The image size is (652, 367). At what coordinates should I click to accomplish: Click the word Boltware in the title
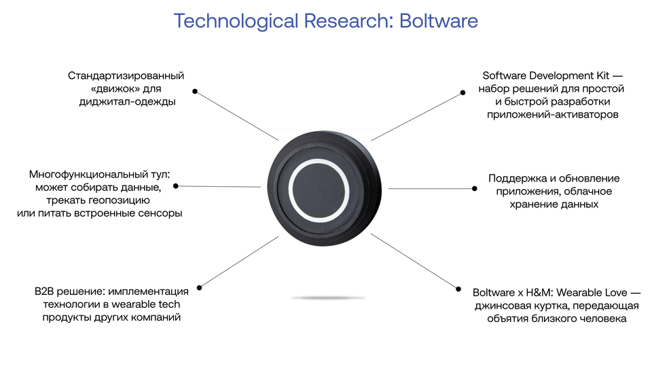(x=439, y=21)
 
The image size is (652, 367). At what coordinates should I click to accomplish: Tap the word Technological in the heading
(x=236, y=21)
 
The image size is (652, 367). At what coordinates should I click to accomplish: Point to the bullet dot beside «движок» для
(x=195, y=91)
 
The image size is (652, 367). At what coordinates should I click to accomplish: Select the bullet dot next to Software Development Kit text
(x=463, y=93)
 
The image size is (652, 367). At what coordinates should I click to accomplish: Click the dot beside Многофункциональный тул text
(x=175, y=186)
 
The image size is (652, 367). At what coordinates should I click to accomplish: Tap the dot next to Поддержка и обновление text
(x=475, y=188)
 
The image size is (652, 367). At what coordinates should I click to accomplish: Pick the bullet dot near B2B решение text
(x=199, y=287)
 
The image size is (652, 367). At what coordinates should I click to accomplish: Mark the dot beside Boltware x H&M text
(x=458, y=289)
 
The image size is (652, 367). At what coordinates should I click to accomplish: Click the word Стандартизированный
(x=126, y=75)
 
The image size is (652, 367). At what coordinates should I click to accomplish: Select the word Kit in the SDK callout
(x=602, y=75)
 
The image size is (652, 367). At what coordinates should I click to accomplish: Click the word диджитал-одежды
(x=128, y=102)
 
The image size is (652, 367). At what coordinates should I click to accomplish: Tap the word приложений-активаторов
(x=553, y=114)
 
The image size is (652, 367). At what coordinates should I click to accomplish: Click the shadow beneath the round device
(x=328, y=298)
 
